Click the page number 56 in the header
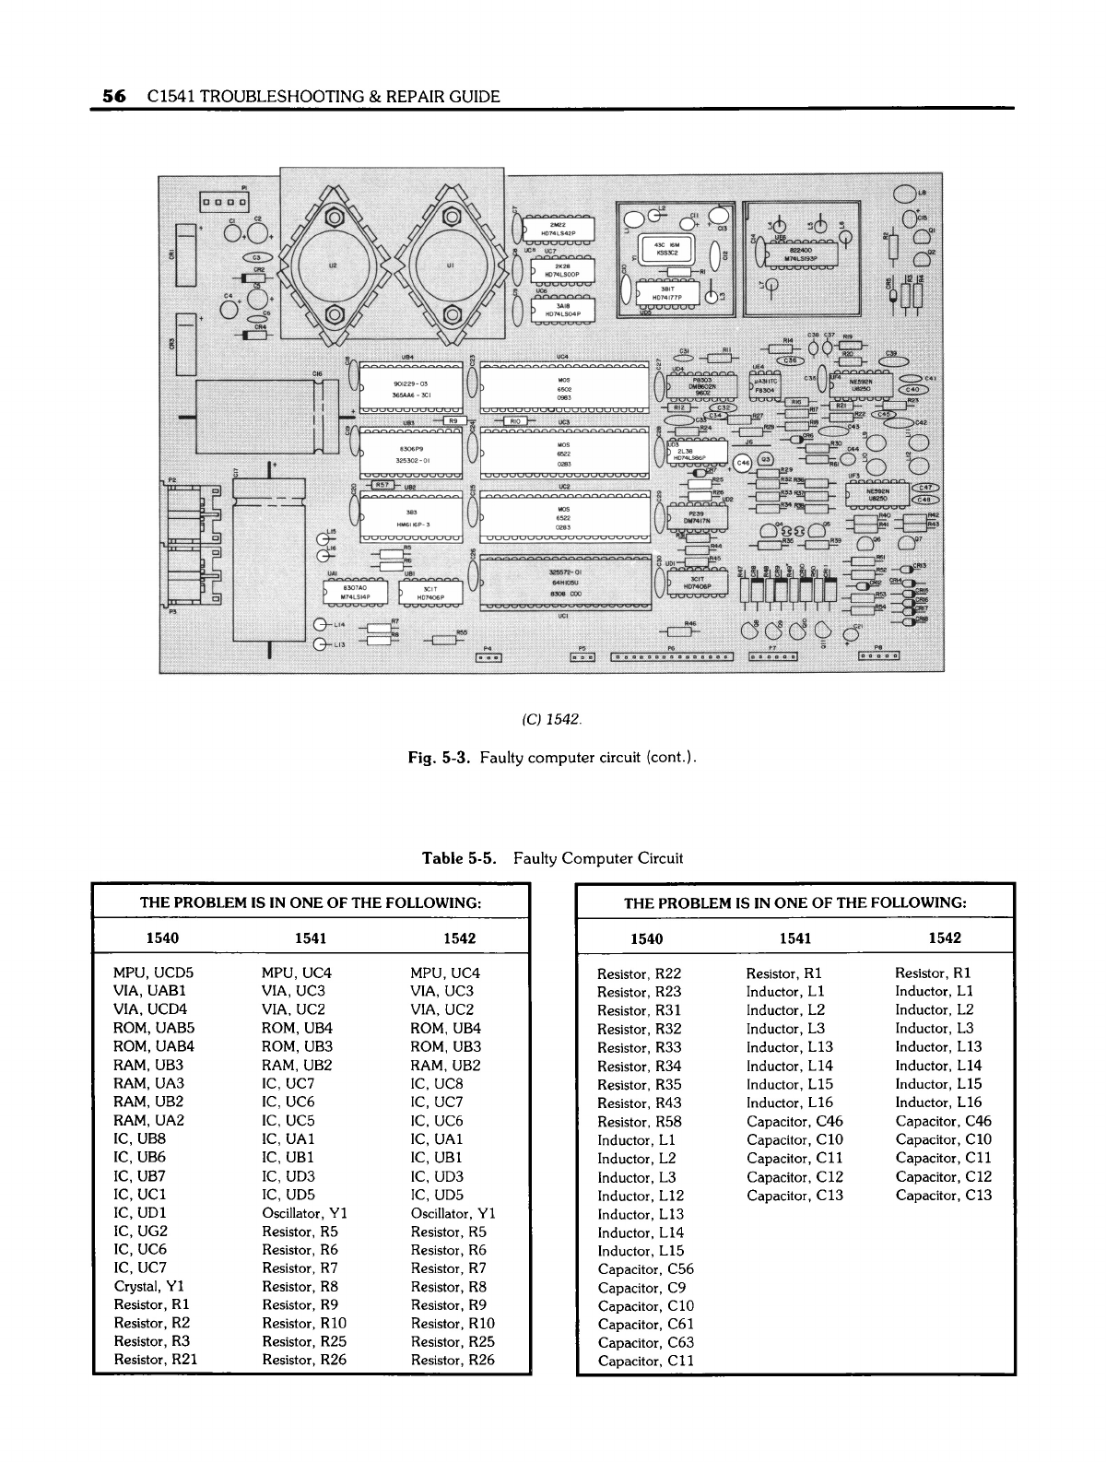113,96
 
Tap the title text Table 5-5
460,859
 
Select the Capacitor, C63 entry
645,1342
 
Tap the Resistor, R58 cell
640,1122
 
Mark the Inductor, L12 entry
641,1196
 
